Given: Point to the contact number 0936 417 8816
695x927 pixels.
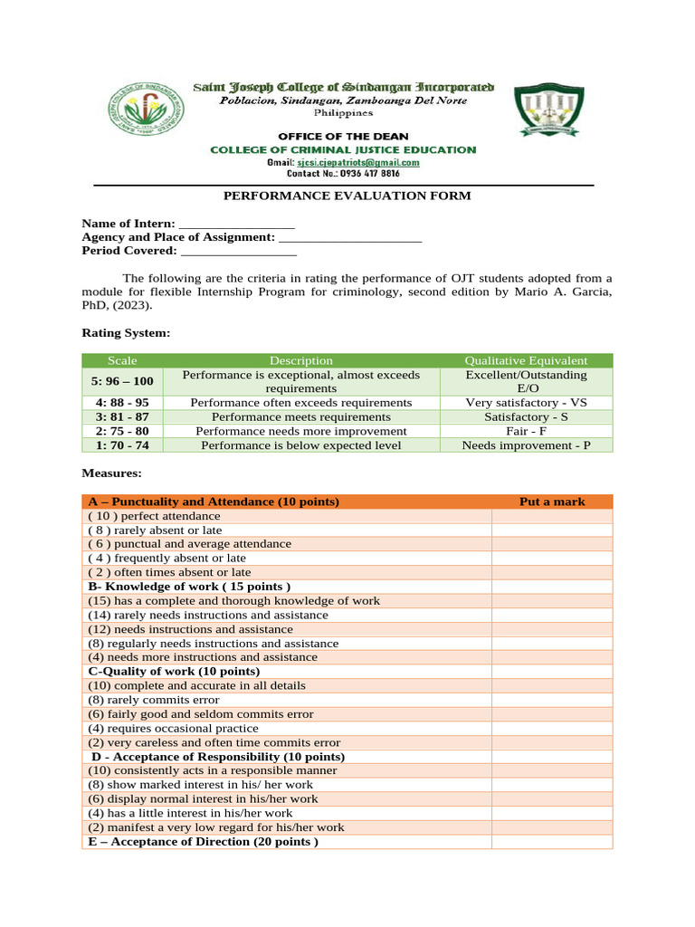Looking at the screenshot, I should click(343, 173).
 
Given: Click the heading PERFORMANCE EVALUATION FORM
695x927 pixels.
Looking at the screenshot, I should click(347, 196).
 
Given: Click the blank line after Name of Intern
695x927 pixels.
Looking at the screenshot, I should click(237, 224).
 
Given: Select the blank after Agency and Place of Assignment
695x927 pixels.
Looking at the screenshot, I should click(350, 237).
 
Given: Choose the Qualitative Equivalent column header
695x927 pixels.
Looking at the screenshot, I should click(526, 360).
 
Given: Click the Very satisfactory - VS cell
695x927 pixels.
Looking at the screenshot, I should click(526, 402).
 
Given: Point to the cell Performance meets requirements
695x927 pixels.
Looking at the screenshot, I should click(301, 416).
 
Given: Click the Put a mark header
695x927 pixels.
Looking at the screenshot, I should click(552, 502).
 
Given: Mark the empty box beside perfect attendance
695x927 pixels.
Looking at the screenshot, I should click(552, 516).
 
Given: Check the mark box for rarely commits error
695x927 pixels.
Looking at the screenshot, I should click(552, 700).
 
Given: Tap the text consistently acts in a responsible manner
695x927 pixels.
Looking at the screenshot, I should click(212, 770).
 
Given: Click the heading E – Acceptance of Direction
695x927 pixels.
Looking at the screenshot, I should click(203, 842).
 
